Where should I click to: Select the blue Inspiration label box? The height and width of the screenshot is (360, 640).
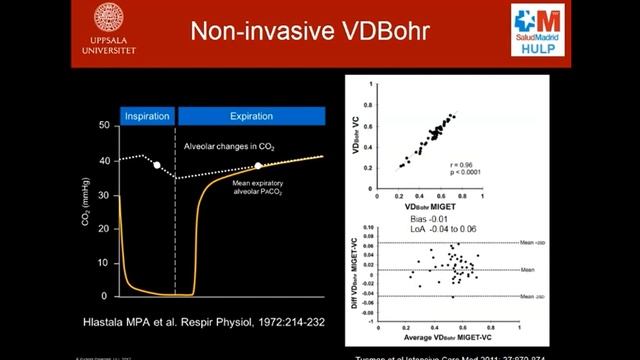tap(146, 115)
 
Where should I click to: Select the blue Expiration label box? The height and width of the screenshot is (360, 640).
tap(252, 115)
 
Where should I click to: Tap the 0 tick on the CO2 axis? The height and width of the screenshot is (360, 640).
tap(105, 296)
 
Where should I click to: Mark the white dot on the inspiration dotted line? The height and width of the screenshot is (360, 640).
tap(157, 164)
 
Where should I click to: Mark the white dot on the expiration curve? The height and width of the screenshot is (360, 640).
tap(258, 166)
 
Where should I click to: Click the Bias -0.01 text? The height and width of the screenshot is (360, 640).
tap(405, 220)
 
